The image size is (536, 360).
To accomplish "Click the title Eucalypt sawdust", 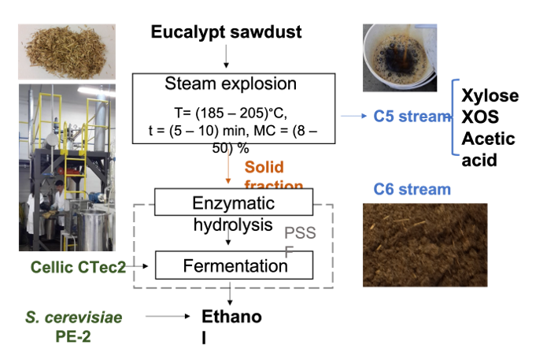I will tap(226, 33).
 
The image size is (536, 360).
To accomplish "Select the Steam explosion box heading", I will tap(231, 84).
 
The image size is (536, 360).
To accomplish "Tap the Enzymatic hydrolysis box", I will tap(234, 203).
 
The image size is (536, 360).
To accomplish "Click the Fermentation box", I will tap(235, 265).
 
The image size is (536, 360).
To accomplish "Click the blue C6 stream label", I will tap(412, 189).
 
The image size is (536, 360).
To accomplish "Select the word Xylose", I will tap(490, 96).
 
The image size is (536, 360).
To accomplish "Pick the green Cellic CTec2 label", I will tap(78, 267).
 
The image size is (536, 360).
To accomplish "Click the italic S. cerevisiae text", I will tap(74, 317).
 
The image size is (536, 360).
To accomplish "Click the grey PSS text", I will tap(300, 232).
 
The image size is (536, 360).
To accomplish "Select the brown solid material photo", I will tap(424, 244).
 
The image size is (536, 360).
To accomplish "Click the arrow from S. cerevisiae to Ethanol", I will tap(169, 317).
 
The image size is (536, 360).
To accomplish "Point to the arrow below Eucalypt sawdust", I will tap(227, 55).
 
